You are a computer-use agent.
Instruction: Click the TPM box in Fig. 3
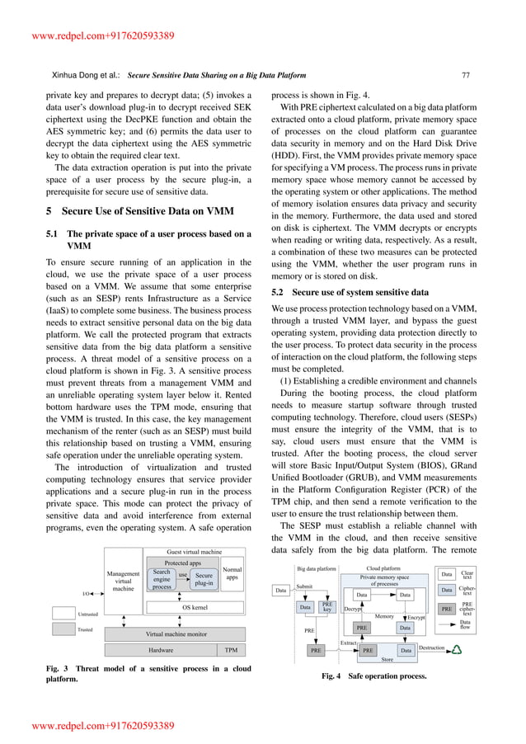click(232, 650)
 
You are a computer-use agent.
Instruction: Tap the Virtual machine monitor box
click(176, 633)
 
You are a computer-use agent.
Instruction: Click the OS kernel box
click(194, 607)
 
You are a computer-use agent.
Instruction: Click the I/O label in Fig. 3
click(86, 593)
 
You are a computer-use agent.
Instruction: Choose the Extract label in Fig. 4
click(349, 641)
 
